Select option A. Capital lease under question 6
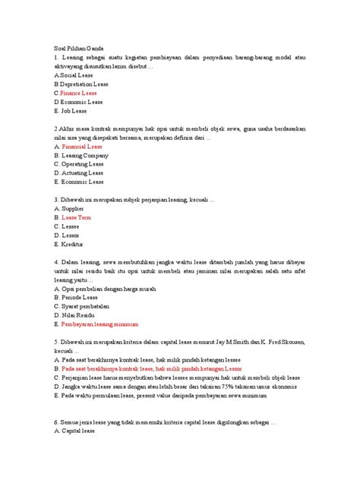(74, 431)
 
